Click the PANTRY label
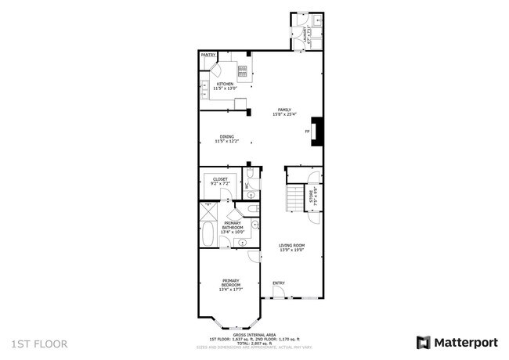208,56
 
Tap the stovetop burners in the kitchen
243,73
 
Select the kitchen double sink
203,86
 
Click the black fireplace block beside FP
317,131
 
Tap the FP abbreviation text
306,131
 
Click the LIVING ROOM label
292,246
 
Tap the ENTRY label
278,283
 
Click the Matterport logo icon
423,343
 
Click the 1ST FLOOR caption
39,344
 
